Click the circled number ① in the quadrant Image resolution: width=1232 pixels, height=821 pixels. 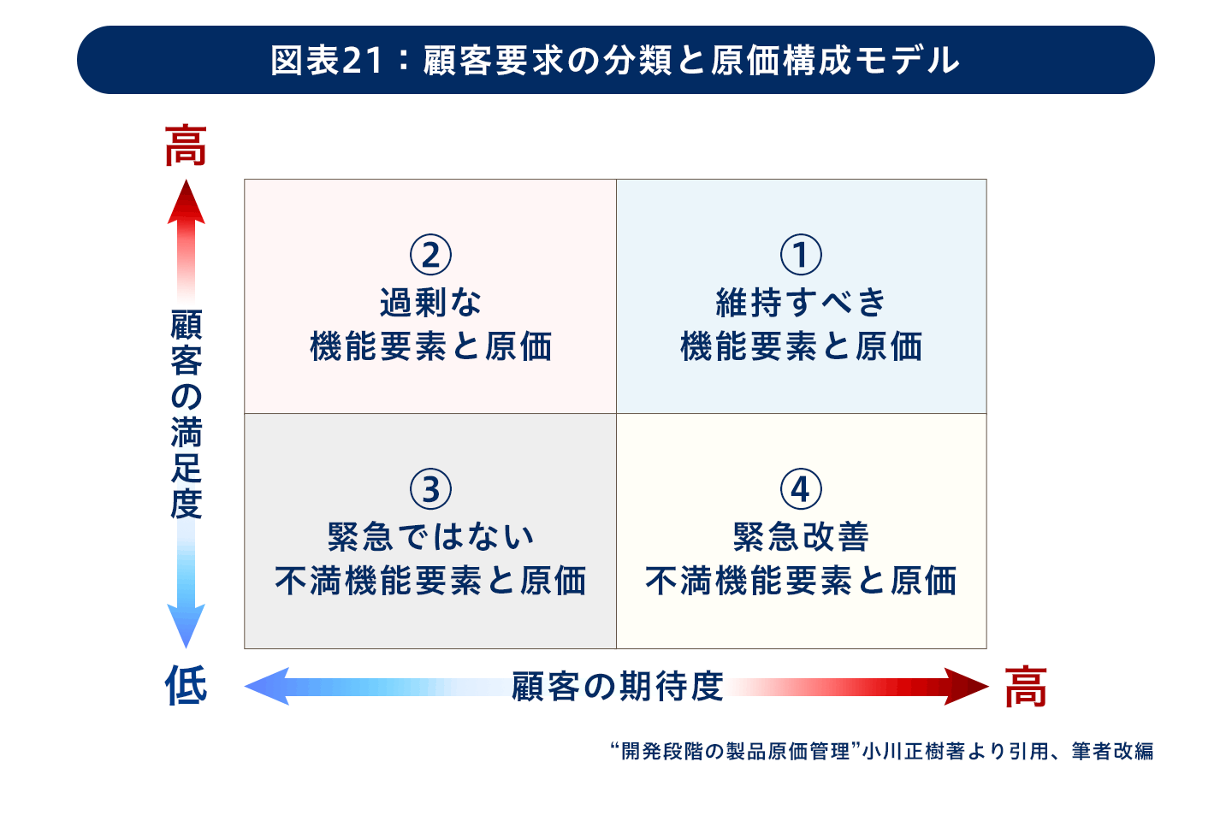pos(801,255)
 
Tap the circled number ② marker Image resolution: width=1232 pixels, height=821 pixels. pos(430,255)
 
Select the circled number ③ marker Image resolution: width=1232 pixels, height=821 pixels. pos(430,489)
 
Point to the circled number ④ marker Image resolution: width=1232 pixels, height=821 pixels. pos(801,489)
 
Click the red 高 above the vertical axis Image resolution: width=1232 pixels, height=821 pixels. pos(186,145)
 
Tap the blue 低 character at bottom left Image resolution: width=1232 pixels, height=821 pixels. pos(186,685)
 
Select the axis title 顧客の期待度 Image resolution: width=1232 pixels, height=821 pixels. pos(617,686)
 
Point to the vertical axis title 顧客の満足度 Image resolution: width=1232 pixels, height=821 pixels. pos(187,414)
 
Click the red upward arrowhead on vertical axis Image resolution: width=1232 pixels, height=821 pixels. pos(187,203)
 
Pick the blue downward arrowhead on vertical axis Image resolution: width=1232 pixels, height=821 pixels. pos(187,626)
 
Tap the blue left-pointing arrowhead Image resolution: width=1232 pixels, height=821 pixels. pos(267,686)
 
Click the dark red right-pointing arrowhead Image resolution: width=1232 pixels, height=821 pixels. pos(967,686)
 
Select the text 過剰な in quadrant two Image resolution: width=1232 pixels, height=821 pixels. pos(430,303)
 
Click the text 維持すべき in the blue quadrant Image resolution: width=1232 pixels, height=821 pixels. pos(801,303)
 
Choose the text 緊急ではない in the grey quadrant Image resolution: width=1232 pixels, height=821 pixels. pos(430,537)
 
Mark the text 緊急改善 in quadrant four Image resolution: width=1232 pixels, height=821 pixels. pos(801,537)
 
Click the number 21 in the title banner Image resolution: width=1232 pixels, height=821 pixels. pos(362,61)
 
